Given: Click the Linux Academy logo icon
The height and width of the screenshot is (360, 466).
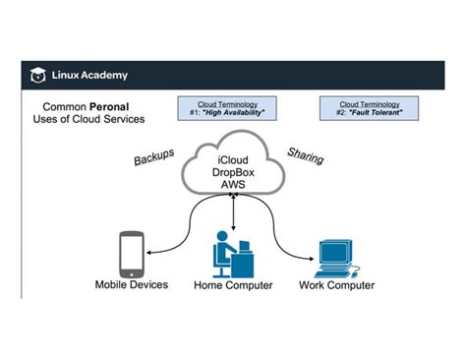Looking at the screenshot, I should point(37,75).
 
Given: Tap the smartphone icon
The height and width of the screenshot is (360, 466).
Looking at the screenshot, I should point(132,253).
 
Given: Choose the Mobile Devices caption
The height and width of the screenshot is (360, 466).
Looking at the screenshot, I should point(131,285).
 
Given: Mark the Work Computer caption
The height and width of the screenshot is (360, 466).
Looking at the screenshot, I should point(336,285).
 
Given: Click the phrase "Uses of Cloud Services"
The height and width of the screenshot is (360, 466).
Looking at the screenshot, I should point(87,118).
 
